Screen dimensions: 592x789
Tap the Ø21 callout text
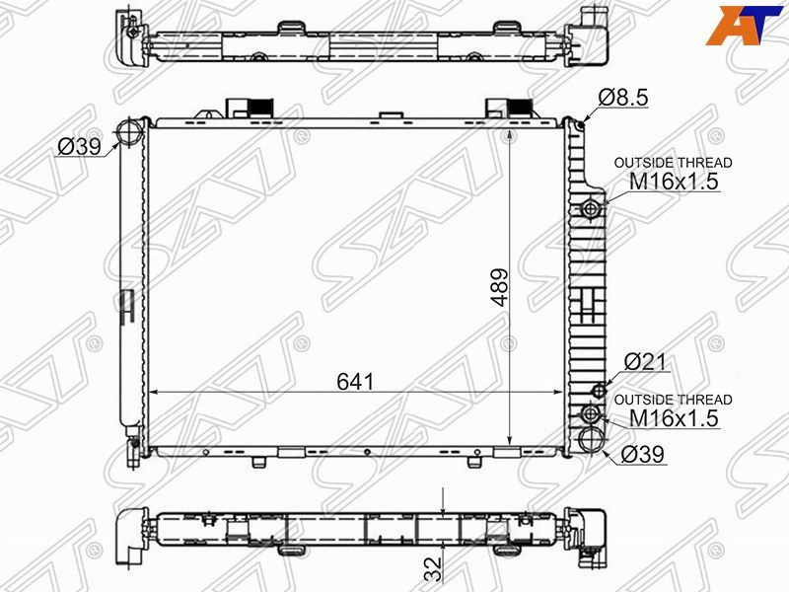point(647,363)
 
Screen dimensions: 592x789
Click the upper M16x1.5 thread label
point(674,182)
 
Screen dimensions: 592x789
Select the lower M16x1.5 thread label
point(674,418)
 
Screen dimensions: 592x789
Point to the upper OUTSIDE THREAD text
point(674,163)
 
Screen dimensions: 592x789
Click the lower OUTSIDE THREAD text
point(674,400)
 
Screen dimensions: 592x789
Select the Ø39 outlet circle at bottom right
point(592,440)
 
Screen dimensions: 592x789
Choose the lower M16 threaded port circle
point(592,413)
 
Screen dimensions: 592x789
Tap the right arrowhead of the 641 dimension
point(562,392)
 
